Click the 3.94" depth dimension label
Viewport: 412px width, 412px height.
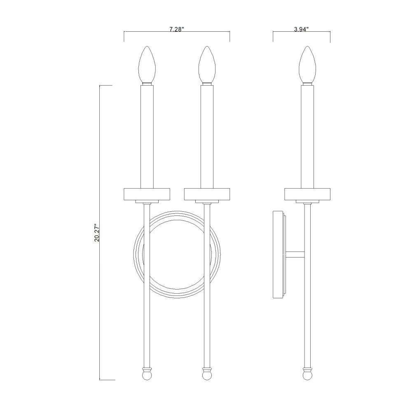pyautogui.click(x=301, y=29)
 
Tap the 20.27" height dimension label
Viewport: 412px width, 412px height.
pyautogui.click(x=97, y=232)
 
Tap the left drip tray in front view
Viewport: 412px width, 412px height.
pyautogui.click(x=147, y=194)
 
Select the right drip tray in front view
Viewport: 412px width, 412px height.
pyautogui.click(x=207, y=194)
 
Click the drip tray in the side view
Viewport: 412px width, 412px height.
pyautogui.click(x=307, y=194)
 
